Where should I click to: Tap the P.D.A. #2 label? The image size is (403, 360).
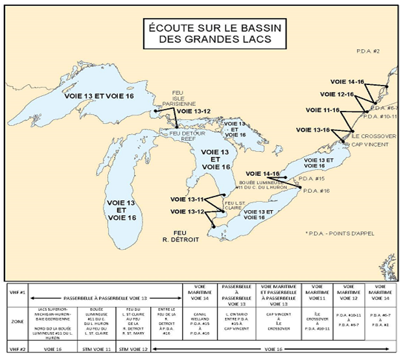point(368,51)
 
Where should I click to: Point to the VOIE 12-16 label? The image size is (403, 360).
point(337,95)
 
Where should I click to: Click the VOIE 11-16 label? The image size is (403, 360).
point(323,110)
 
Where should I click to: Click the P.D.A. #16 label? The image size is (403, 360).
point(316,191)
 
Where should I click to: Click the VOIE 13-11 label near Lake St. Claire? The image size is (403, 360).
point(188,199)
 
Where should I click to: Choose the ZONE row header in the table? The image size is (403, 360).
point(14,320)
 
